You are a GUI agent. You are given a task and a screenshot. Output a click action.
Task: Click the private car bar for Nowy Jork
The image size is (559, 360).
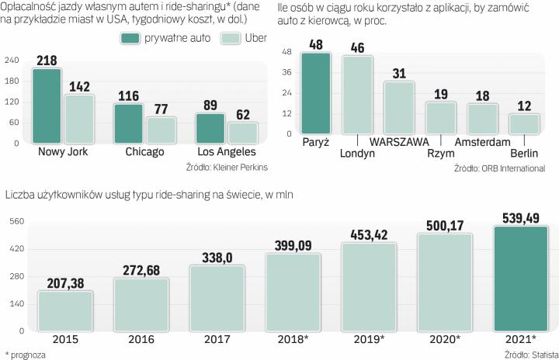(47, 106)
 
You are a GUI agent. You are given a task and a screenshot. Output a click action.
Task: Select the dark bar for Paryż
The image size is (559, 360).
(316, 94)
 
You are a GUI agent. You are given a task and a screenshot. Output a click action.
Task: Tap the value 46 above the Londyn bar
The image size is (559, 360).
(357, 47)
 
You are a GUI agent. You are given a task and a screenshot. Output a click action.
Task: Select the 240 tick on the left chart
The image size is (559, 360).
(12, 61)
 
